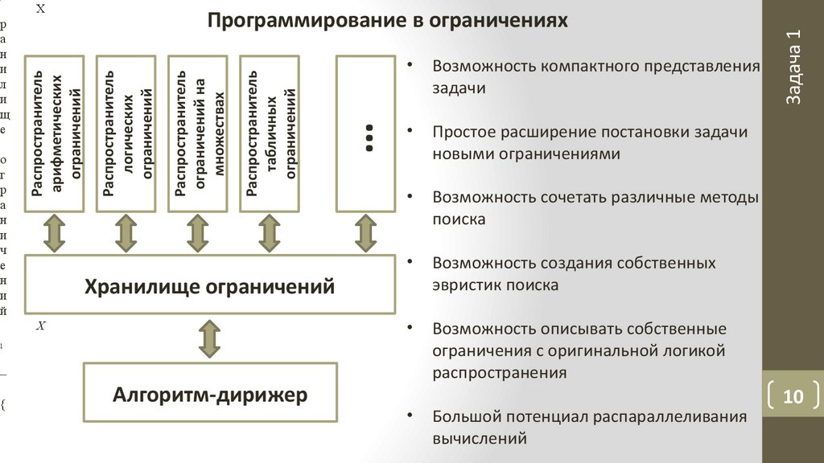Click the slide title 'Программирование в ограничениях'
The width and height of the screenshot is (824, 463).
click(x=388, y=19)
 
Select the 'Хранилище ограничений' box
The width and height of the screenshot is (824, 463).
click(x=210, y=285)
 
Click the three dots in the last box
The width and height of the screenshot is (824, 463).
click(x=370, y=138)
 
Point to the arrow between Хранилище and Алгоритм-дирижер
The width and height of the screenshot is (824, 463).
click(x=210, y=338)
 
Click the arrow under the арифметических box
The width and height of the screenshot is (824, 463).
click(x=55, y=234)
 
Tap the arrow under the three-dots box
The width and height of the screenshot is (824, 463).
click(x=366, y=234)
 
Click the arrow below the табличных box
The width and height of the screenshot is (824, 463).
click(x=269, y=234)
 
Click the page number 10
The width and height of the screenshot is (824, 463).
click(x=793, y=397)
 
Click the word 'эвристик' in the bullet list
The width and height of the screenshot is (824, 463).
click(x=464, y=285)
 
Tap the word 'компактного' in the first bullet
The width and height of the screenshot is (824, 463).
click(x=587, y=66)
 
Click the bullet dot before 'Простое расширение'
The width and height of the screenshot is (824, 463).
click(x=411, y=130)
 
